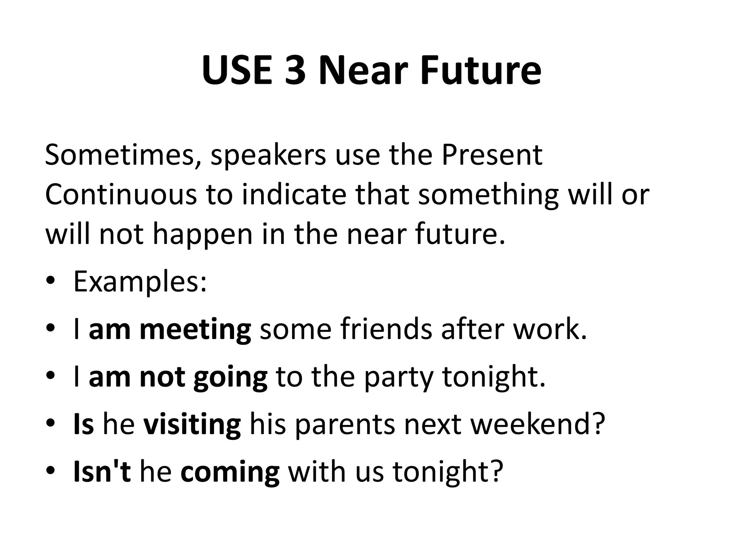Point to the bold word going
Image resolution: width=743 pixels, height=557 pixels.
(230, 378)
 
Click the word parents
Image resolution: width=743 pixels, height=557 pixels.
(344, 425)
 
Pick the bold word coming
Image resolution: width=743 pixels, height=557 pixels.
(230, 473)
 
